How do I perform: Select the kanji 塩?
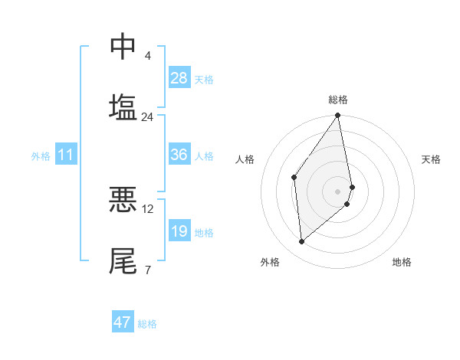coord(123,106)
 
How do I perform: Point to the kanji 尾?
coord(123,260)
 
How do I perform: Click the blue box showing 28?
coord(179,78)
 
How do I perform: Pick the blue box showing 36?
coord(179,155)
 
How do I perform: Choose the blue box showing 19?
coord(179,232)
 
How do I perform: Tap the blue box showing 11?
coord(66,155)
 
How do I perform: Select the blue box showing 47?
coord(123,322)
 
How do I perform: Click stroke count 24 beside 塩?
coord(147,117)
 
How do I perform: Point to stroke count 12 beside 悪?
coord(148,208)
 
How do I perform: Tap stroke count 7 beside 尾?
coord(147,270)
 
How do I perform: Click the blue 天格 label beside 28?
coord(204,79)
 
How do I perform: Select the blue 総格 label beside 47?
coord(147,323)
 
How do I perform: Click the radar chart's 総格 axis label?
coord(338,100)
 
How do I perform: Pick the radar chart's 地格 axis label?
coord(402,262)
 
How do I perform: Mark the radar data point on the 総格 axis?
coord(338,116)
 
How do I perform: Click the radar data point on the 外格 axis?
coord(302,241)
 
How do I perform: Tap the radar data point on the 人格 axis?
coord(294,177)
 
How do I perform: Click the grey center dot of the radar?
coord(338,191)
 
